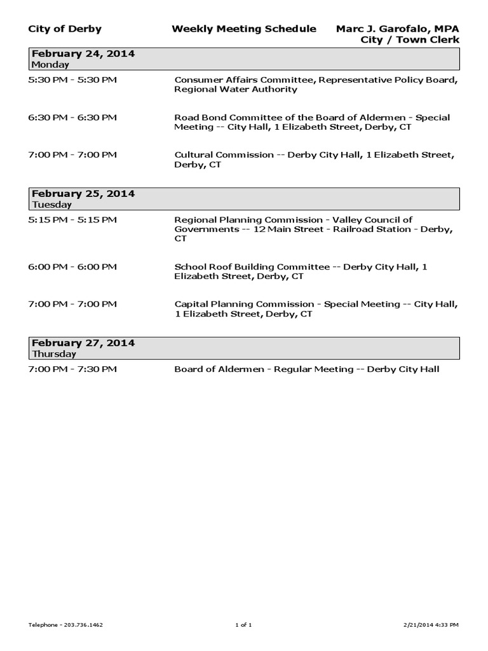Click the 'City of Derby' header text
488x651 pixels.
[x=65, y=29]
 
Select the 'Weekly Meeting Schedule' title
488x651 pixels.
[x=243, y=29]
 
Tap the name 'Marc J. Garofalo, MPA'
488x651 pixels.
[x=397, y=29]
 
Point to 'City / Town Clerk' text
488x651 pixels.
[x=410, y=40]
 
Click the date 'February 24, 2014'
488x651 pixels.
[x=83, y=54]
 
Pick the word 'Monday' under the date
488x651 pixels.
[x=50, y=65]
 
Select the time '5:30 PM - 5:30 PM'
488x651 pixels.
[x=72, y=80]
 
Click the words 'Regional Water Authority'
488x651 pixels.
[x=236, y=90]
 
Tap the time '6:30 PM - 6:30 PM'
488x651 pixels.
[x=72, y=118]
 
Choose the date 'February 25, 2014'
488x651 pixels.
[x=83, y=194]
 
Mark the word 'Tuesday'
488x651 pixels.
[x=51, y=205]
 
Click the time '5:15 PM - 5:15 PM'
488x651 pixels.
[x=72, y=220]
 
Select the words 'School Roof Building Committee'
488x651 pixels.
[x=252, y=267]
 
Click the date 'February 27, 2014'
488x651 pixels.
[x=83, y=343]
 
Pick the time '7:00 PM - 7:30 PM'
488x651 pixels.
[x=72, y=369]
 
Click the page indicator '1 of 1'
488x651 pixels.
[x=243, y=625]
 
